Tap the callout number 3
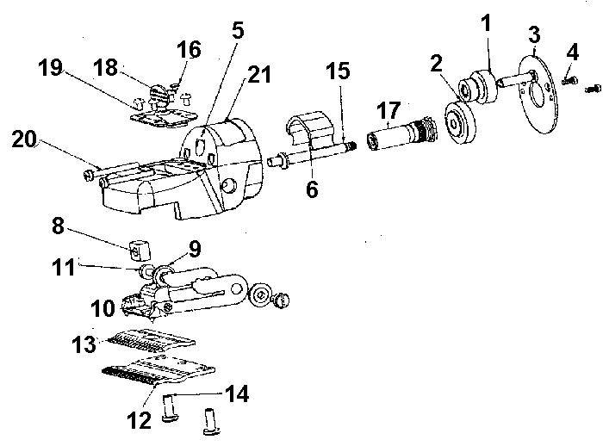tap(533, 35)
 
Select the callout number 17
tap(388, 109)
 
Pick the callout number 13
tap(84, 344)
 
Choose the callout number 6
tap(312, 189)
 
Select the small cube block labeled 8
tap(139, 251)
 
